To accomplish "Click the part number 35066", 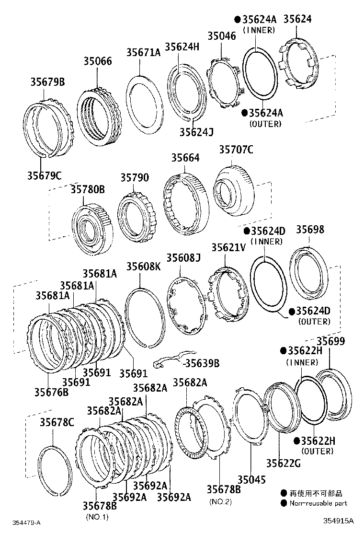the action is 98,61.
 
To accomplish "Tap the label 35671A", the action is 143,52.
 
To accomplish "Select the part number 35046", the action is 222,35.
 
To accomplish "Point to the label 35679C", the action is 45,175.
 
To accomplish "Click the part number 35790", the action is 135,177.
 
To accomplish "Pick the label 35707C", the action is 236,150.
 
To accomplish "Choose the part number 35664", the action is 185,158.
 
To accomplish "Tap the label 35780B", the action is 88,189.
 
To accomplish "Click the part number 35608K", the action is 144,266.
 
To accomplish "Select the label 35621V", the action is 228,247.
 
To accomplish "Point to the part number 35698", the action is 310,230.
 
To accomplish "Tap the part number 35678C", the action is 57,422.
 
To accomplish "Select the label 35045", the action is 251,480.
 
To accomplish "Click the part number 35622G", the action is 283,463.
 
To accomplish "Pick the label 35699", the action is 331,341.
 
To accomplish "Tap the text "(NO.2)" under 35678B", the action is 220,501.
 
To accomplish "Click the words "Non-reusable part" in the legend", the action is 318,503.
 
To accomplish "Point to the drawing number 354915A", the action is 339,521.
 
